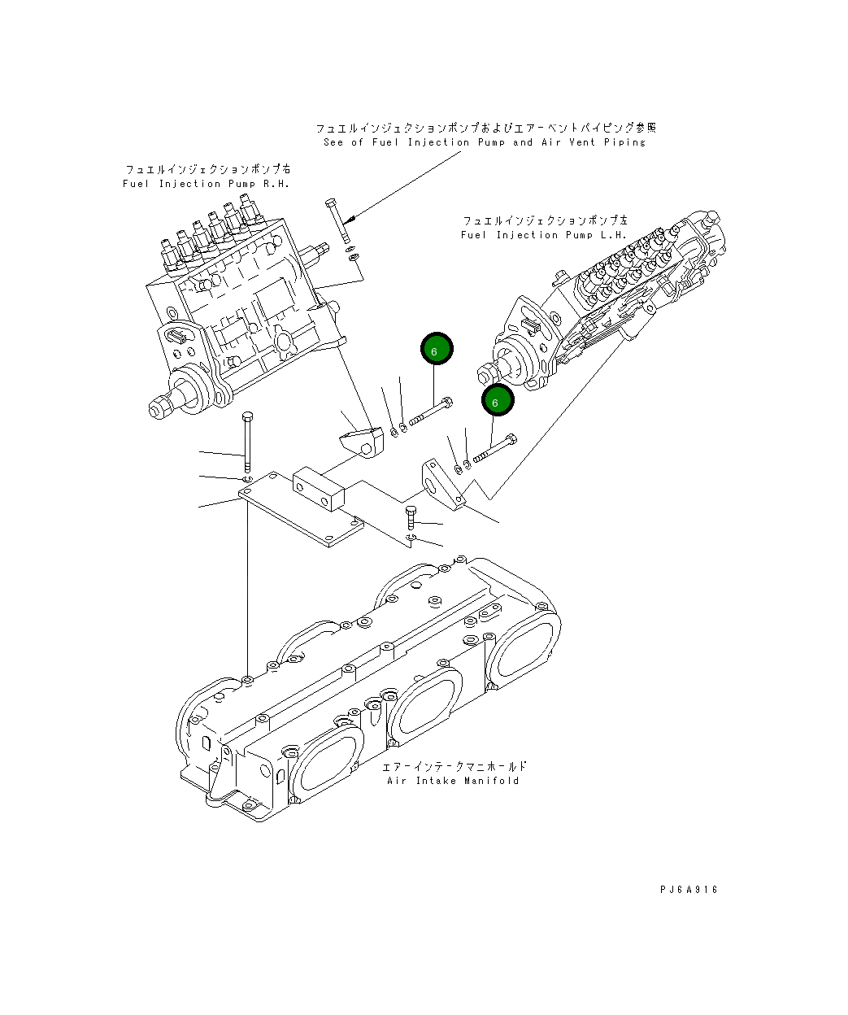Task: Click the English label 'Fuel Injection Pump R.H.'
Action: (x=206, y=184)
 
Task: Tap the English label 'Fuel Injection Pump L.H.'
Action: (x=544, y=235)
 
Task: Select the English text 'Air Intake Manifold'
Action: (x=453, y=781)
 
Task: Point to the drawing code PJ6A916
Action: (x=689, y=890)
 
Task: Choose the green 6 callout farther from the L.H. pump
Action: (x=437, y=350)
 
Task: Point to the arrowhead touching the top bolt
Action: (x=349, y=220)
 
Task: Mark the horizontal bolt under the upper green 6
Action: (x=430, y=412)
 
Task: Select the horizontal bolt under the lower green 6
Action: (x=493, y=448)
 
